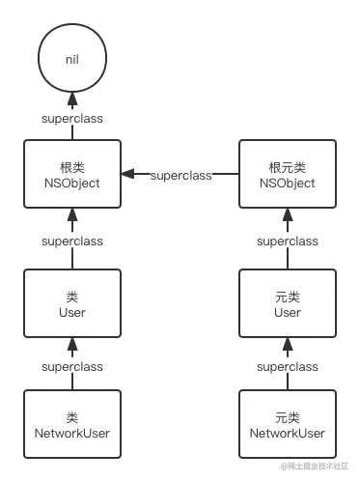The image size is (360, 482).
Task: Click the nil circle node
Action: [x=72, y=60]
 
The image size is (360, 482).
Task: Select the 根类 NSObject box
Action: [x=72, y=174]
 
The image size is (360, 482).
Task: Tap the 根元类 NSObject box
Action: [x=288, y=174]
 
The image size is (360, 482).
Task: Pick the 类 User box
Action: [x=72, y=304]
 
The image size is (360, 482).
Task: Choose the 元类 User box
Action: [x=288, y=304]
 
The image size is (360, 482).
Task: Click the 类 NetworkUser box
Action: [x=72, y=425]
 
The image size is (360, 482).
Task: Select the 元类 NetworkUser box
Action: [x=288, y=425]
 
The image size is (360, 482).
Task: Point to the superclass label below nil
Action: [x=72, y=119]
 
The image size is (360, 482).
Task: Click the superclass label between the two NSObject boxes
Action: [x=180, y=176]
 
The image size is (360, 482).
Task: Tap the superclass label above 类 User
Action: [x=72, y=241]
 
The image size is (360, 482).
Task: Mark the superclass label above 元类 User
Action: [x=288, y=241]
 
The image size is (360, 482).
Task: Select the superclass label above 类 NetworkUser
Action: [x=72, y=367]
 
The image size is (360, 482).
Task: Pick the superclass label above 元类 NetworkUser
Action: [x=288, y=367]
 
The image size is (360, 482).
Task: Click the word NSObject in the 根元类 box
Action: [x=288, y=183]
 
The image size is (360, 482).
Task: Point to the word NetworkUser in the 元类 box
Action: [x=288, y=434]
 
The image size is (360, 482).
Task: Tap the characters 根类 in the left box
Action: [x=72, y=165]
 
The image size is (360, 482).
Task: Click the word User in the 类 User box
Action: [x=72, y=313]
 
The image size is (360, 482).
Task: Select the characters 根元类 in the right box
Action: [x=288, y=165]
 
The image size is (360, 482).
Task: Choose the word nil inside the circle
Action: [x=72, y=60]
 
